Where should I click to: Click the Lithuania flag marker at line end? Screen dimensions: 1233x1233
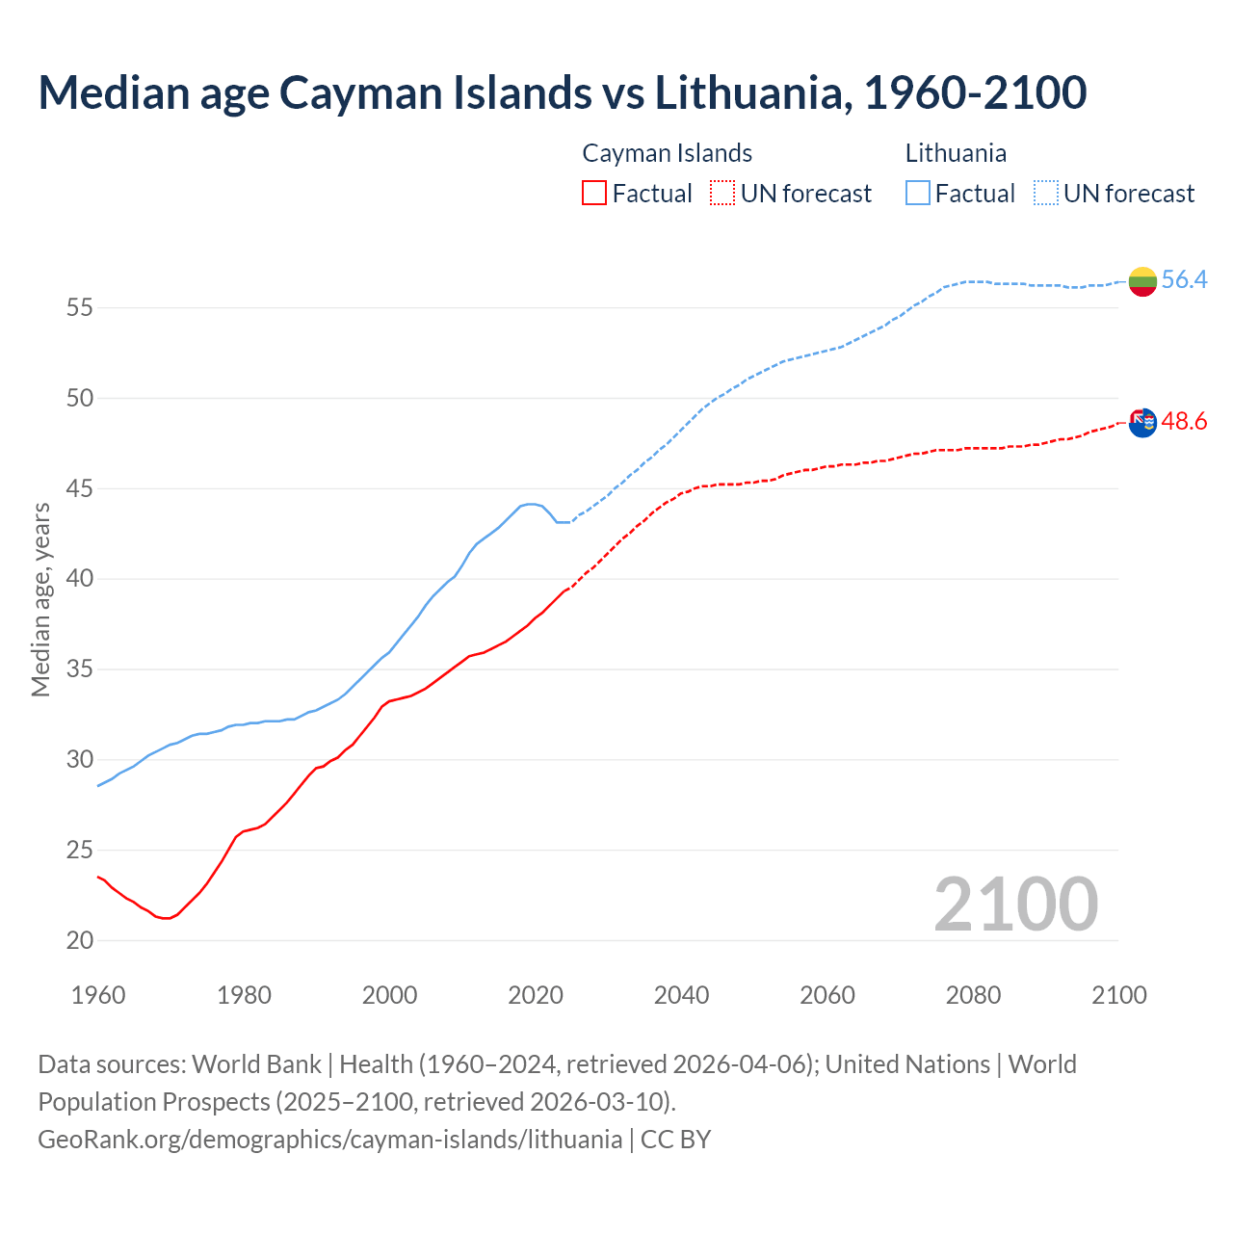pyautogui.click(x=1142, y=281)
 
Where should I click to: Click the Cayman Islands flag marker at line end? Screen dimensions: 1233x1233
pyautogui.click(x=1142, y=422)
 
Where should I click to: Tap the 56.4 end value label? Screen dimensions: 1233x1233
pyautogui.click(x=1184, y=280)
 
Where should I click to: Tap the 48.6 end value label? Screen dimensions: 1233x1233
pyautogui.click(x=1184, y=422)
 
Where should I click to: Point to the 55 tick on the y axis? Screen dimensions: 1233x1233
pyautogui.click(x=80, y=308)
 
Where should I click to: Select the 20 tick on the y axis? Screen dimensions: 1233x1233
pyautogui.click(x=80, y=940)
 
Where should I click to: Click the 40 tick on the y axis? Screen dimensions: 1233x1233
pyautogui.click(x=80, y=579)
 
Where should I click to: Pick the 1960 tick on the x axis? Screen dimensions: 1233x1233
pyautogui.click(x=98, y=995)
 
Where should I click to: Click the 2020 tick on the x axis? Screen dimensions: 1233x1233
pyautogui.click(x=536, y=995)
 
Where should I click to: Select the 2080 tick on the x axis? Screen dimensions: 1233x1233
pyautogui.click(x=973, y=995)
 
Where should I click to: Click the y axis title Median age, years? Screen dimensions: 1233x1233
pyautogui.click(x=40, y=599)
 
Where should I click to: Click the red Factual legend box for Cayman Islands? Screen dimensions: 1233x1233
pyautogui.click(x=594, y=194)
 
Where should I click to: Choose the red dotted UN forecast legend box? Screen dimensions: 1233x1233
pyautogui.click(x=722, y=194)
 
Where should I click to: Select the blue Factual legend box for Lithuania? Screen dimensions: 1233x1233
pyautogui.click(x=918, y=194)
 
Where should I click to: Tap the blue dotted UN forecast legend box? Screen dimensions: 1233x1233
pyautogui.click(x=1046, y=194)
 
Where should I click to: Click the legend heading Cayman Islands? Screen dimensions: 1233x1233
pyautogui.click(x=667, y=153)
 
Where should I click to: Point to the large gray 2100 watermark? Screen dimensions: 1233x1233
pyautogui.click(x=1015, y=905)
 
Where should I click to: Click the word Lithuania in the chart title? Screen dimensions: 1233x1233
pyautogui.click(x=748, y=92)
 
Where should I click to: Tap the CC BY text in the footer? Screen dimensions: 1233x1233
pyautogui.click(x=675, y=1140)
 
